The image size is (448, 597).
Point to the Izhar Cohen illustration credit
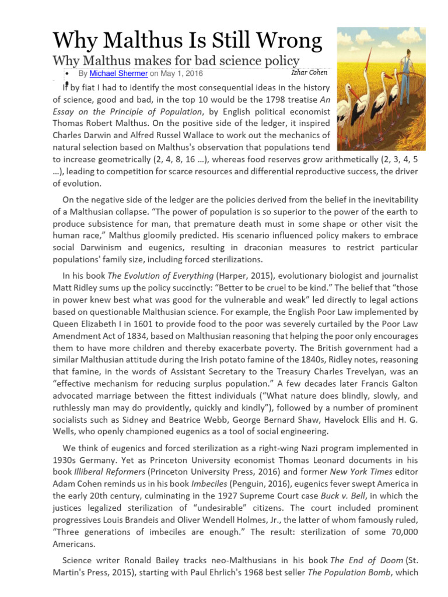pos(309,72)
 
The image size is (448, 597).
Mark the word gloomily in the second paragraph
pos(206,236)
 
